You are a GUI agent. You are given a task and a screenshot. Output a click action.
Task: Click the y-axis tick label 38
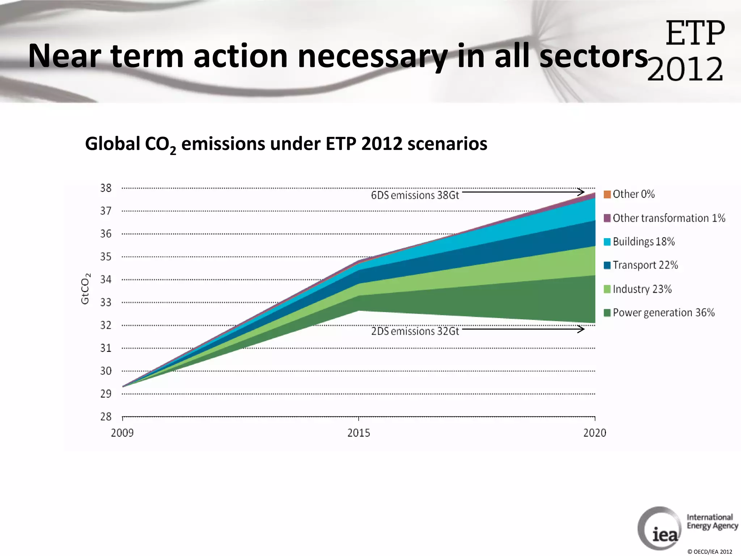pyautogui.click(x=106, y=188)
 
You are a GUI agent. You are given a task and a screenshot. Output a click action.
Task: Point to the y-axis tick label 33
pyautogui.click(x=106, y=302)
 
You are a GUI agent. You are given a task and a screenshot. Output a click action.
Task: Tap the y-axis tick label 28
pyautogui.click(x=106, y=417)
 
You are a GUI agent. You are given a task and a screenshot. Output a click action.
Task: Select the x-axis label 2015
pyautogui.click(x=359, y=433)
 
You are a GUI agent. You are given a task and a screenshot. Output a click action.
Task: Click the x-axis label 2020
pyautogui.click(x=594, y=433)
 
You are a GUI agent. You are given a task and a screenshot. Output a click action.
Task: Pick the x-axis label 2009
pyautogui.click(x=122, y=433)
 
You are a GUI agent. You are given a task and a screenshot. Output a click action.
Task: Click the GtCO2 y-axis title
pyautogui.click(x=85, y=288)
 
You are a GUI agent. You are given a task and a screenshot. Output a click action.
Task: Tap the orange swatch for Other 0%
pyautogui.click(x=607, y=194)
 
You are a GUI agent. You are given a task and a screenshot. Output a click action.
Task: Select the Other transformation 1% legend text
pyautogui.click(x=669, y=218)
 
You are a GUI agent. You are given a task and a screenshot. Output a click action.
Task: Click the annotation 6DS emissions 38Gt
pyautogui.click(x=415, y=195)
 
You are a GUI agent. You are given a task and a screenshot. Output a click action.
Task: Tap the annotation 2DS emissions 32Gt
pyautogui.click(x=415, y=331)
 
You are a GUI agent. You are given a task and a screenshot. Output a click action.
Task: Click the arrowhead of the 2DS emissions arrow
pyautogui.click(x=581, y=329)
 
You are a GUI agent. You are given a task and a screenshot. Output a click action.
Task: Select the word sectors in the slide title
pyautogui.click(x=593, y=56)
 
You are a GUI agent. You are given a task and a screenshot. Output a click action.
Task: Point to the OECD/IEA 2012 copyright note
pyautogui.click(x=710, y=552)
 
